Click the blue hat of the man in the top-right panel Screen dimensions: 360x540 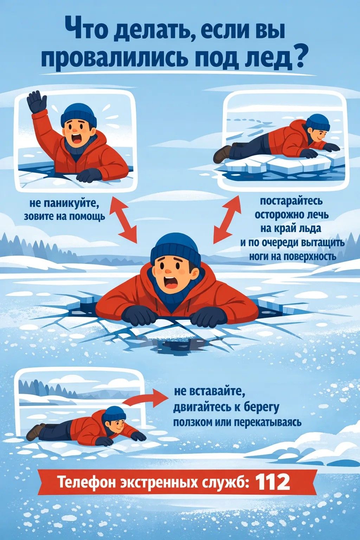click(x=319, y=121)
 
